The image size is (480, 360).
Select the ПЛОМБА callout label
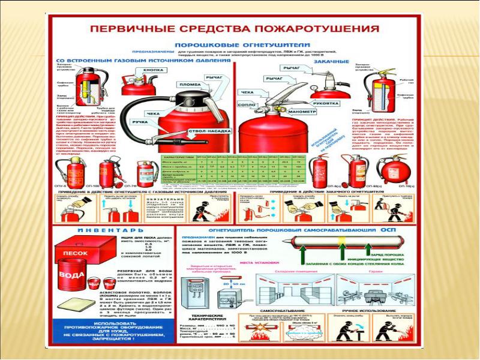(190, 85)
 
